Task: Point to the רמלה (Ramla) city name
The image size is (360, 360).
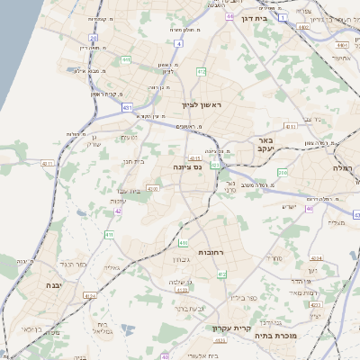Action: [345, 167]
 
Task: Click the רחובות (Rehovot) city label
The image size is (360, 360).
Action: [222, 253]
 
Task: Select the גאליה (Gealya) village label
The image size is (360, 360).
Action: [112, 266]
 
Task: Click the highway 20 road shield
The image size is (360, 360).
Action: [94, 39]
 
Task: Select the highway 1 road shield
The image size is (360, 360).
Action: [283, 17]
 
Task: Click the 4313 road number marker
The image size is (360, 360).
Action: [291, 127]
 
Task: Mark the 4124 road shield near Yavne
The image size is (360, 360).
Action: [89, 295]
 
